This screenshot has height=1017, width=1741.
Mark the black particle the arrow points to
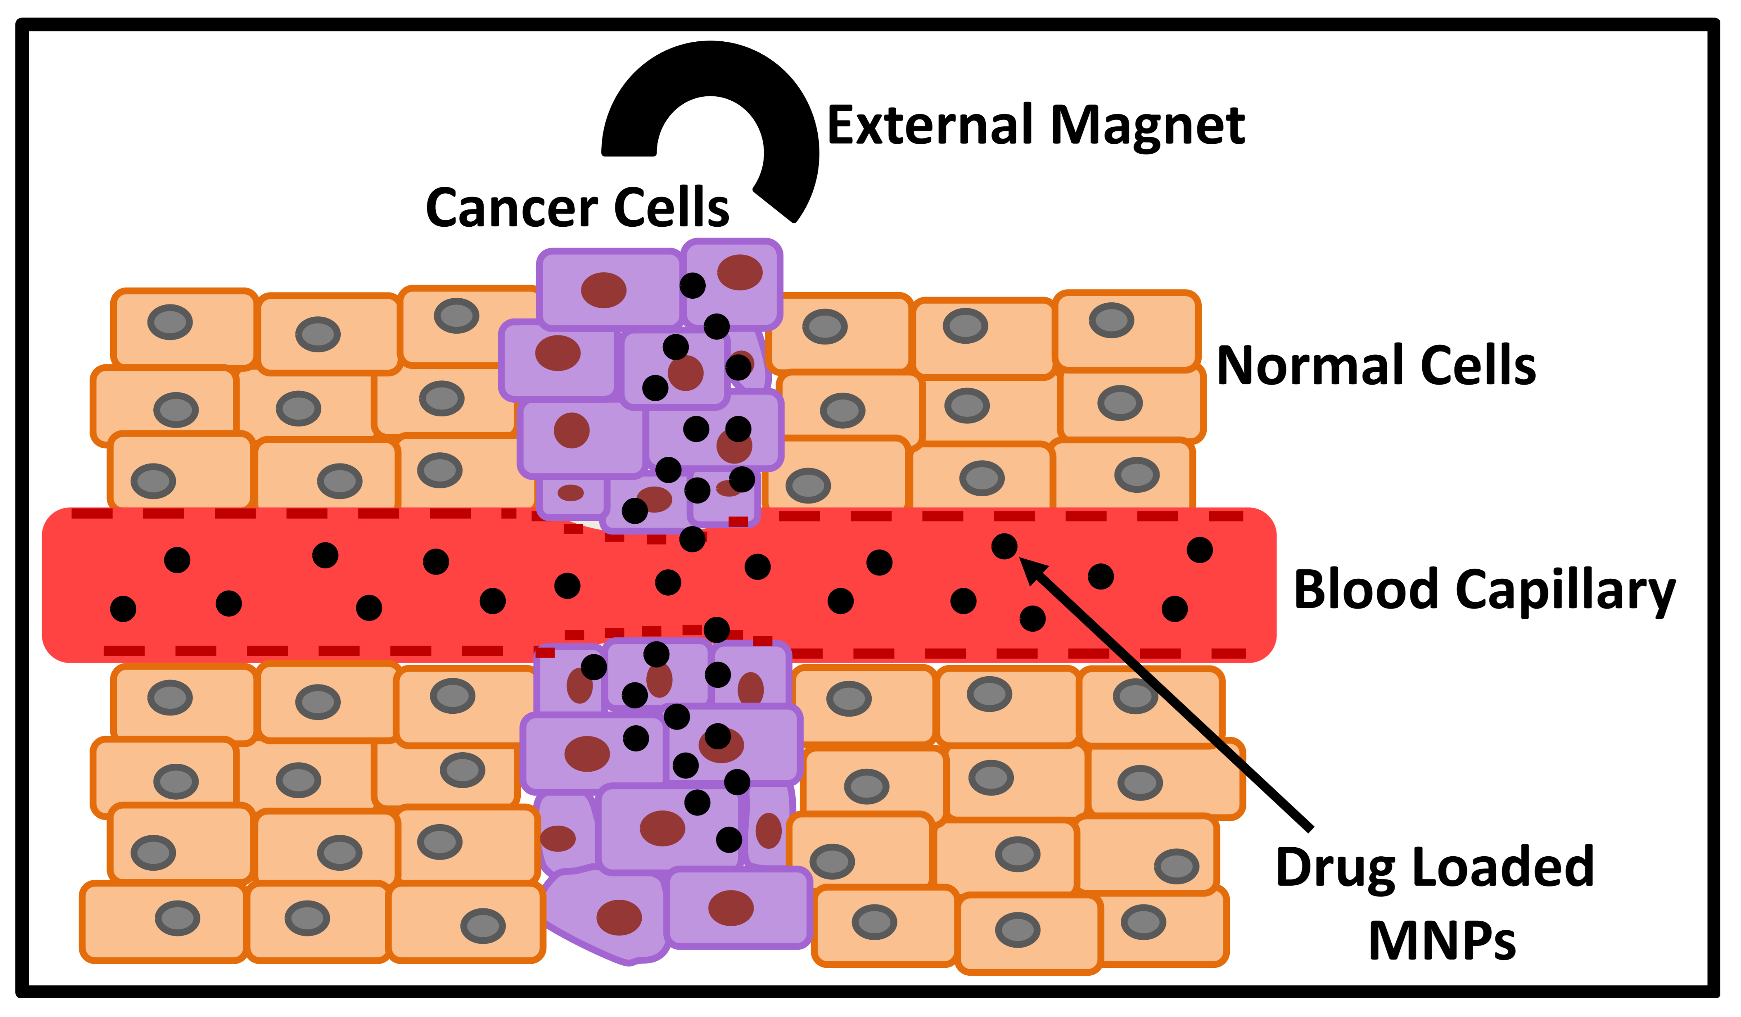click(x=1005, y=547)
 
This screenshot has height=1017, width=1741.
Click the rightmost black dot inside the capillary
click(x=1200, y=550)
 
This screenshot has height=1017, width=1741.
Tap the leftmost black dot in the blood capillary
click(x=123, y=609)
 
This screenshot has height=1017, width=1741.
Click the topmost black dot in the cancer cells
click(x=692, y=285)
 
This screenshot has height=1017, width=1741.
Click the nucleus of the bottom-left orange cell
click(x=178, y=918)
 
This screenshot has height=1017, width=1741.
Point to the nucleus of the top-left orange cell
click(x=170, y=322)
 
